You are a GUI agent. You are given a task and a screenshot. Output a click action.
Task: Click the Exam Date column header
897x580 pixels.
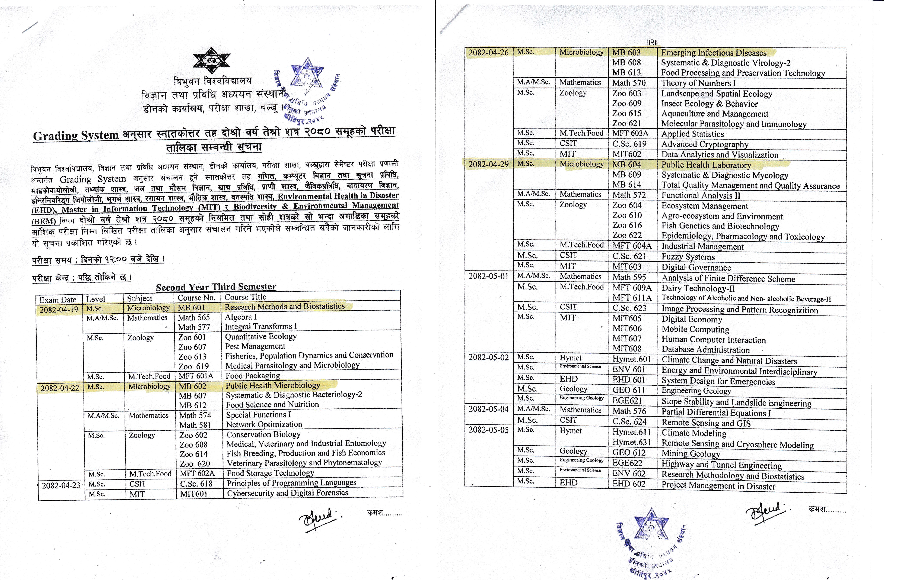point(58,300)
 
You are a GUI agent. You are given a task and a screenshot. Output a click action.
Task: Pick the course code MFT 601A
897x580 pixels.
point(196,376)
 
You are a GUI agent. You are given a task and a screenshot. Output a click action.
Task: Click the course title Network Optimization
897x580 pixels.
point(264,424)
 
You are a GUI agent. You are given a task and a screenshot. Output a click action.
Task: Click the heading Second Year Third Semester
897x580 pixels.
point(216,287)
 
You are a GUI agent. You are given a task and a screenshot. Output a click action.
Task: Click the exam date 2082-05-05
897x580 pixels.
point(488,430)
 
